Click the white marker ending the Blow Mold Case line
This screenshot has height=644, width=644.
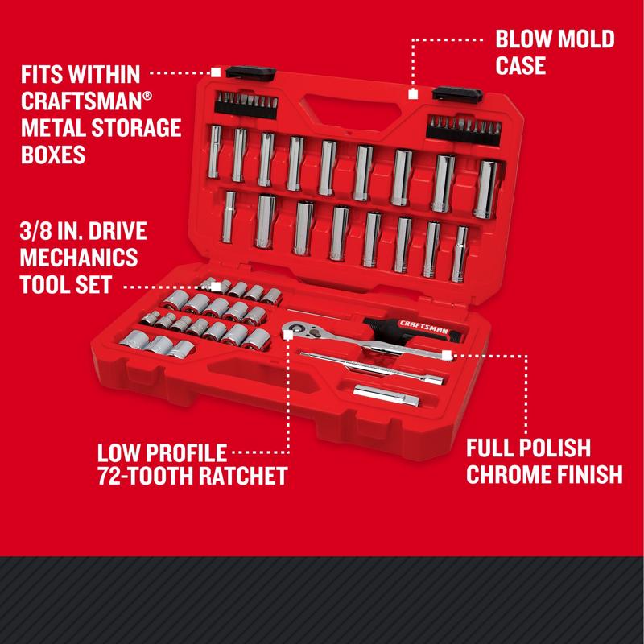click(x=412, y=94)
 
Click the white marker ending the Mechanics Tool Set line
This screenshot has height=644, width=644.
click(x=216, y=287)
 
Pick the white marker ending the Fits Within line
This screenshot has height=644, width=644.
click(x=216, y=72)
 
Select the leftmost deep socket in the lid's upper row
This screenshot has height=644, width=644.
click(x=216, y=151)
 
